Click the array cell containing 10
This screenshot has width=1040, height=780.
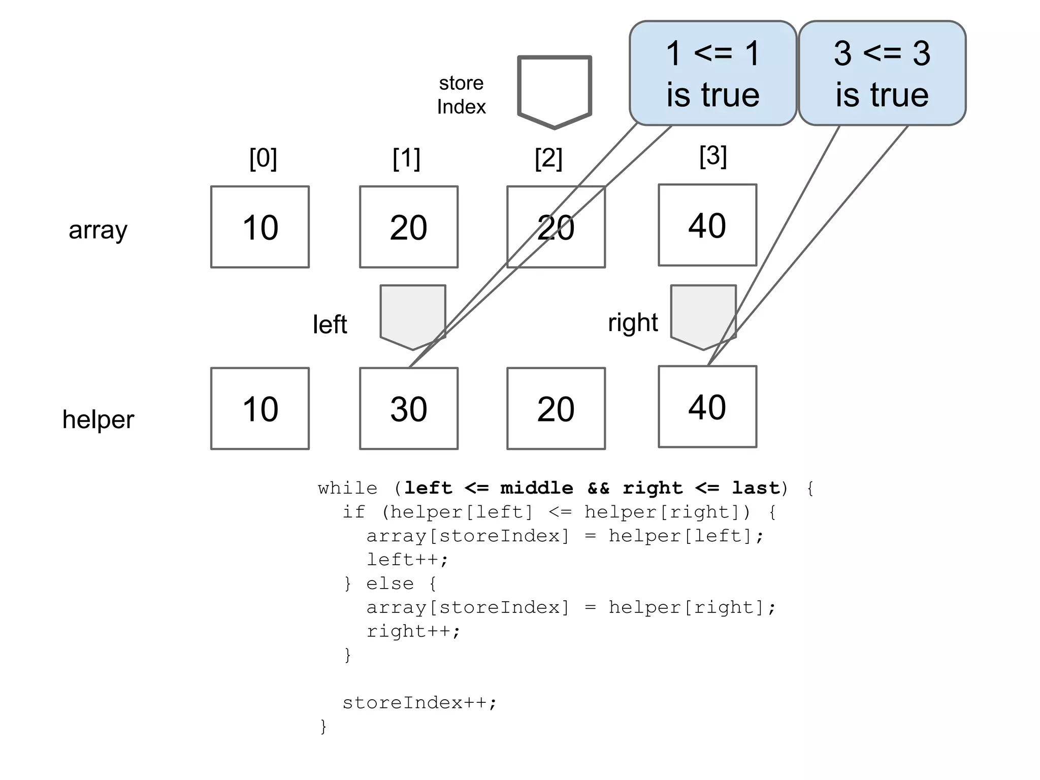point(259,226)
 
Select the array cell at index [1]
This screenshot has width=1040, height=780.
point(408,226)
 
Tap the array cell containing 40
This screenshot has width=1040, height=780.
point(707,225)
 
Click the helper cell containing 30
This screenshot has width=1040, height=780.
point(408,408)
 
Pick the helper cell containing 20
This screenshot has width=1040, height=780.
point(556,408)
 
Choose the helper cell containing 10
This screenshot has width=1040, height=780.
point(259,408)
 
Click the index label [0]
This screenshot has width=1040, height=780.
point(263,158)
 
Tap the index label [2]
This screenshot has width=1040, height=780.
point(548,158)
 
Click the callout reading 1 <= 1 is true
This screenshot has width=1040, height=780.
point(712,73)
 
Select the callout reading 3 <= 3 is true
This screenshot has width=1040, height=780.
point(882,73)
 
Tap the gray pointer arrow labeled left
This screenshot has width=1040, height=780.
point(412,315)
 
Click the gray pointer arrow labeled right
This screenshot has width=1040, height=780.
point(703,315)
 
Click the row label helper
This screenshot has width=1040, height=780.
point(98,419)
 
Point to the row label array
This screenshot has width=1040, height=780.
point(98,230)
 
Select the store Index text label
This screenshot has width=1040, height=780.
point(461,95)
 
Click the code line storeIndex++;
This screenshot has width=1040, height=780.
point(419,703)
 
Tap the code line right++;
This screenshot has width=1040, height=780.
point(413,631)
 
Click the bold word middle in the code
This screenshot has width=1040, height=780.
point(536,488)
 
